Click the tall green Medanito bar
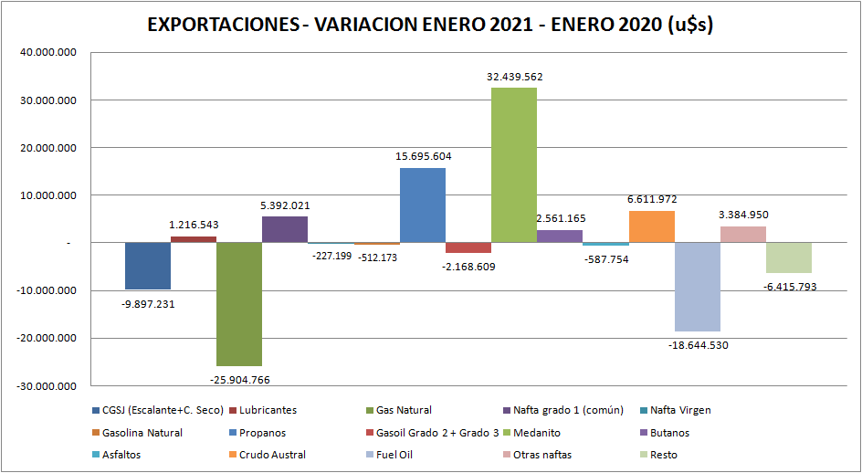coord(514,164)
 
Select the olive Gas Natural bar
coord(239,304)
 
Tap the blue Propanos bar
coord(423,205)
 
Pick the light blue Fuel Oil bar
coord(698,287)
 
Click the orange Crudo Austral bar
coord(652,226)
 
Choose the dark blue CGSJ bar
coord(148,266)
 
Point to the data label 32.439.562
coord(515,78)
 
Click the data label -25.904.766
coord(239,379)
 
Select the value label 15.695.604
coord(424,156)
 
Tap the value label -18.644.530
coord(699,345)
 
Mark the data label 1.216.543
coord(194,224)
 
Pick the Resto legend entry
coord(659,455)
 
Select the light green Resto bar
coord(790,258)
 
